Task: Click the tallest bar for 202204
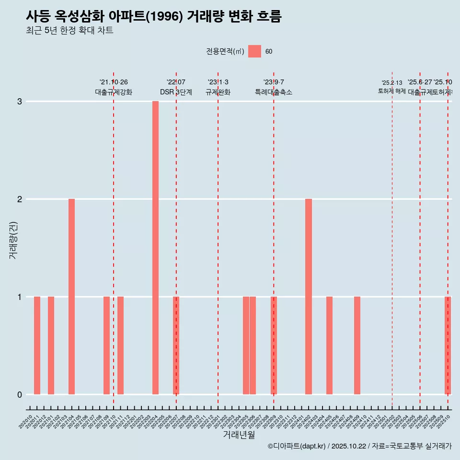click(155, 248)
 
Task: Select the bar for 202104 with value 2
click(71, 297)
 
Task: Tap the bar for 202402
click(309, 297)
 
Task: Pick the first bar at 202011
click(37, 345)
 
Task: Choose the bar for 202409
click(357, 345)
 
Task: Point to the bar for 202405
click(329, 345)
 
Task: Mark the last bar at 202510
click(448, 345)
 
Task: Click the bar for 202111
click(120, 345)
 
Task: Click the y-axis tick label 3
click(20, 102)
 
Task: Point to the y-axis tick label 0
click(20, 394)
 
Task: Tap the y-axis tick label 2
click(20, 199)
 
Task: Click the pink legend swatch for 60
click(254, 52)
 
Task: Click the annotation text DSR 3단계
click(176, 92)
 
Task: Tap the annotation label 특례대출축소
click(274, 92)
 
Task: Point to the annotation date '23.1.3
click(218, 82)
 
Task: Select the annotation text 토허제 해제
click(392, 91)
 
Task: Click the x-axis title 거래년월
click(239, 435)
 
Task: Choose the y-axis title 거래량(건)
click(13, 240)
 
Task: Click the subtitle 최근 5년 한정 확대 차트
click(69, 31)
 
